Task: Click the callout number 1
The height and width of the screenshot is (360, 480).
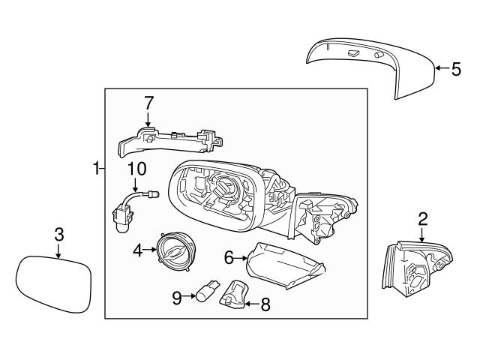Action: pyautogui.click(x=96, y=169)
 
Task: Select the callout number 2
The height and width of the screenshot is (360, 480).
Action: pyautogui.click(x=422, y=218)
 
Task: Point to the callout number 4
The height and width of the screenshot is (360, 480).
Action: pyautogui.click(x=137, y=250)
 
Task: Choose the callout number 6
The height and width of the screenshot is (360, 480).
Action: pyautogui.click(x=229, y=257)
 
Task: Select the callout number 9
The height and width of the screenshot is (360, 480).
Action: pyautogui.click(x=177, y=298)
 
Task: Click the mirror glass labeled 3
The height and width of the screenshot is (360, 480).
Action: pyautogui.click(x=54, y=284)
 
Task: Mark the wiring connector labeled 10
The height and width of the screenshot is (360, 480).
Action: pyautogui.click(x=124, y=209)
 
